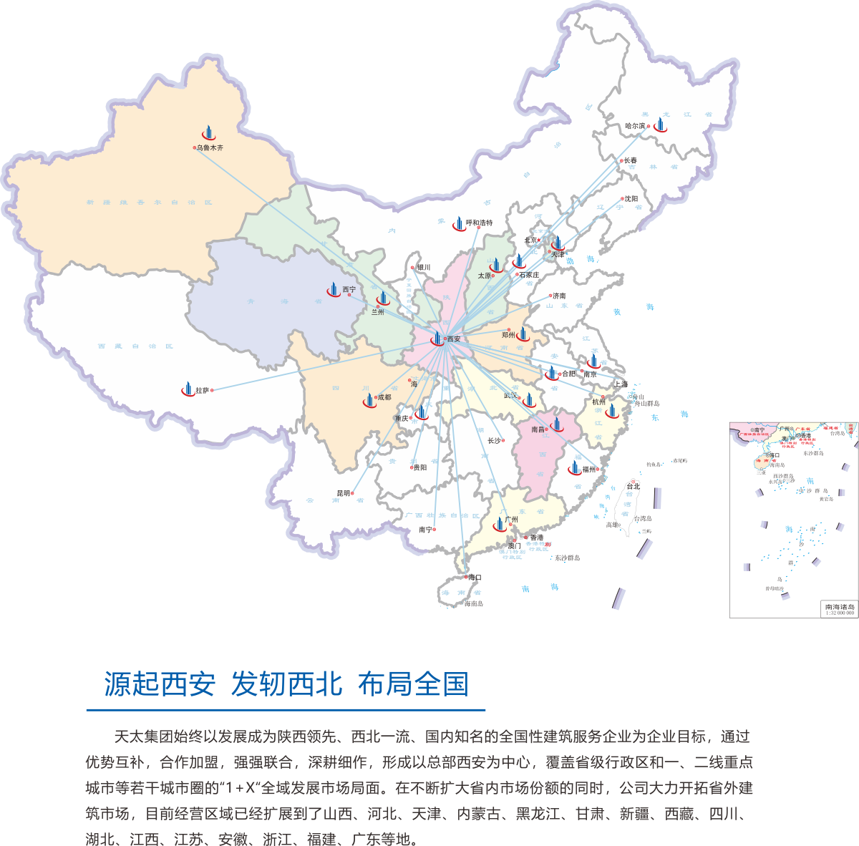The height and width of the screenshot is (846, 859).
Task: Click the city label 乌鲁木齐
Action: coord(210,147)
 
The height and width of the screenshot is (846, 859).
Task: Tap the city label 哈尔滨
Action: coord(635,126)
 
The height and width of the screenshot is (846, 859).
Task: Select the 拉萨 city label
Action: coord(203,391)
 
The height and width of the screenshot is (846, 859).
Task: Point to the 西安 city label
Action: coord(454,339)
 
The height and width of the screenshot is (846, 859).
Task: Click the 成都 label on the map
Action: coord(384,397)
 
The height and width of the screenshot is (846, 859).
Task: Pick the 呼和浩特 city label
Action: coord(479,223)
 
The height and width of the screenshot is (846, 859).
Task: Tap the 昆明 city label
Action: coord(344,493)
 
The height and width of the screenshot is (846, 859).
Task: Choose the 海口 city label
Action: coord(475,577)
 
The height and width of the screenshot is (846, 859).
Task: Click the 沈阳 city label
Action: coord(631,199)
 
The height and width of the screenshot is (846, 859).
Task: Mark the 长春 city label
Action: coord(630,160)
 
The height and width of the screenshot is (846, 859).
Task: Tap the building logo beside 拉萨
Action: coord(188,389)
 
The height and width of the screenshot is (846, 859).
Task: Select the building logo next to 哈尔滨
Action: coord(659,125)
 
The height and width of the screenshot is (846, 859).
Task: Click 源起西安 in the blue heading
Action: coord(160,684)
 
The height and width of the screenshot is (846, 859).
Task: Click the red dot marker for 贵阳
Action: coord(411,467)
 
